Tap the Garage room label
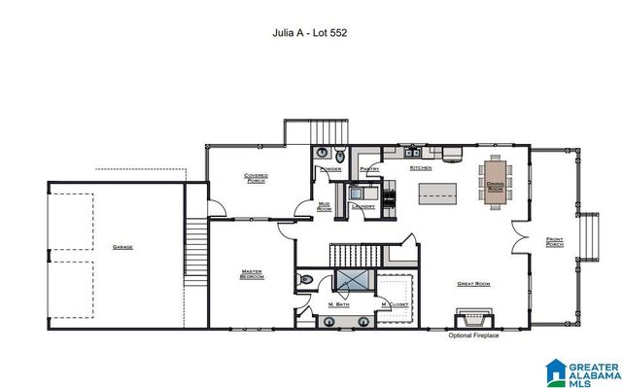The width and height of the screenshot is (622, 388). pos(121,247)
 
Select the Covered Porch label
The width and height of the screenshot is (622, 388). pos(257,178)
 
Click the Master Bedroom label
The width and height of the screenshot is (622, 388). pos(252,275)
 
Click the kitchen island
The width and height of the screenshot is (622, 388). pos(437,192)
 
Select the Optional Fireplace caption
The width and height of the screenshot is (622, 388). pos(473,336)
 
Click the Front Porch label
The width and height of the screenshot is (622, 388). pos(555,241)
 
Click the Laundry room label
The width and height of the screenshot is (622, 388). pos(363,206)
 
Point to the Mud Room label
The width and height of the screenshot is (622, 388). pos(325,206)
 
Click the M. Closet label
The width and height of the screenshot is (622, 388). pos(394,306)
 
